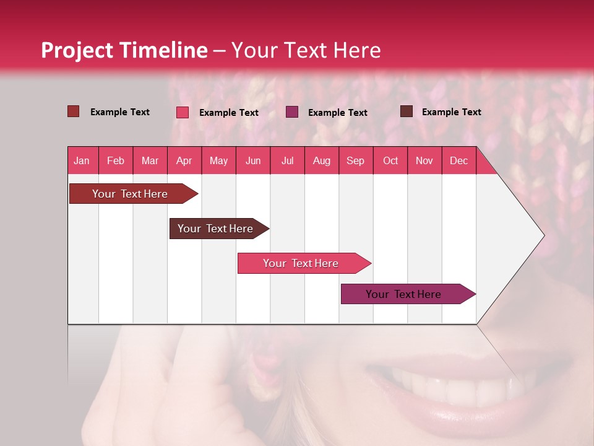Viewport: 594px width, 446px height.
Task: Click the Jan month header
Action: pyautogui.click(x=82, y=160)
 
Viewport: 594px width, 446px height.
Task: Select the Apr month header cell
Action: pyautogui.click(x=184, y=160)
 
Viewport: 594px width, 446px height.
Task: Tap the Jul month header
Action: pyautogui.click(x=287, y=160)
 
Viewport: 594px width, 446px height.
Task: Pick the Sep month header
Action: pyautogui.click(x=356, y=160)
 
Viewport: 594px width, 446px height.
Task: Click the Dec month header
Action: pyautogui.click(x=458, y=160)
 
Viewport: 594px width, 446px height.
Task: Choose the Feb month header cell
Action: pyautogui.click(x=116, y=160)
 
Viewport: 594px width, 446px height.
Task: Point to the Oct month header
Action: pyautogui.click(x=390, y=160)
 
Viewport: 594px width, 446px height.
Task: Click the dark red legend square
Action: pyautogui.click(x=73, y=111)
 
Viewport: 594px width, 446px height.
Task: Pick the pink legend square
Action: pyautogui.click(x=183, y=112)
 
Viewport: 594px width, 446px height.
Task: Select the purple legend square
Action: pyautogui.click(x=292, y=112)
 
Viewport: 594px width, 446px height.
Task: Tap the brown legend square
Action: pyautogui.click(x=407, y=111)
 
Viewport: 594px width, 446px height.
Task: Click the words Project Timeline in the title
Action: pyautogui.click(x=124, y=50)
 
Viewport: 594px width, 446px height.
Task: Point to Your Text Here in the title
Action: pyautogui.click(x=306, y=50)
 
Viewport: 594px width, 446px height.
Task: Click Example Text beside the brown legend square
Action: pyautogui.click(x=451, y=112)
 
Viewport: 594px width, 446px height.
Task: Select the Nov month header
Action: pyautogui.click(x=424, y=160)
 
